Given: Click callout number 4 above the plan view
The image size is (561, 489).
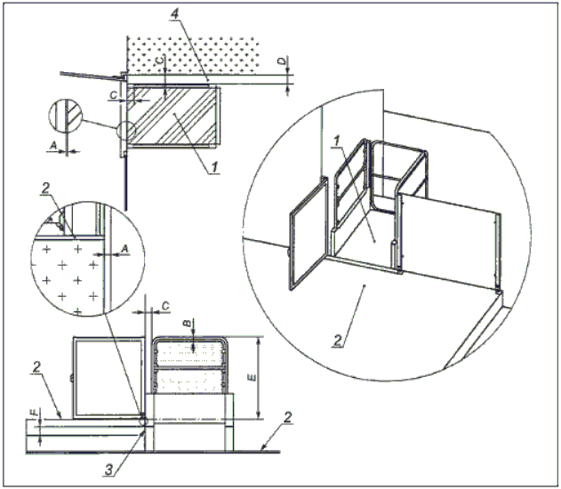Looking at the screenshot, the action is (x=174, y=13).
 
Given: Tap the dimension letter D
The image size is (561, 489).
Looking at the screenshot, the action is (x=283, y=61).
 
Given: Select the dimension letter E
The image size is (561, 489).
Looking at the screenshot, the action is (x=252, y=377).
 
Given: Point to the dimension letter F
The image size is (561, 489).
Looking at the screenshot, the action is (x=35, y=413).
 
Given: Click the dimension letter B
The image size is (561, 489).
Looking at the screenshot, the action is (x=187, y=324).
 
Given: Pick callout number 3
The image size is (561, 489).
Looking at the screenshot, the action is (x=109, y=469).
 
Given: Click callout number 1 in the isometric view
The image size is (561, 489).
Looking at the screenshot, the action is (x=336, y=141).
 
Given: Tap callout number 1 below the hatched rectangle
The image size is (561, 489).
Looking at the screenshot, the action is (x=214, y=166).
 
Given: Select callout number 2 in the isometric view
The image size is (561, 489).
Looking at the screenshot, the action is (x=338, y=341).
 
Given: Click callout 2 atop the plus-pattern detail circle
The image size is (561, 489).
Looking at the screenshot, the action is (x=45, y=188).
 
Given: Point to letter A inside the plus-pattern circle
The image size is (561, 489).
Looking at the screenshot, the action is (x=124, y=249).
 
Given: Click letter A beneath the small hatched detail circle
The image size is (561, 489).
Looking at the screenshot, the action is (x=53, y=145).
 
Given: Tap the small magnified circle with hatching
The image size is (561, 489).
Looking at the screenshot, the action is (x=65, y=118).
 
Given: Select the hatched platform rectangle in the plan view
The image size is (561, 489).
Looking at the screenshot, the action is (x=173, y=115).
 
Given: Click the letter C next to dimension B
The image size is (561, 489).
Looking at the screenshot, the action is (x=165, y=306).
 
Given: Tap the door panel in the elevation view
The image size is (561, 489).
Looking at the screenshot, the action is (x=109, y=377).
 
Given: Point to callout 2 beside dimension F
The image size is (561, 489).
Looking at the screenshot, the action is (x=36, y=368).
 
